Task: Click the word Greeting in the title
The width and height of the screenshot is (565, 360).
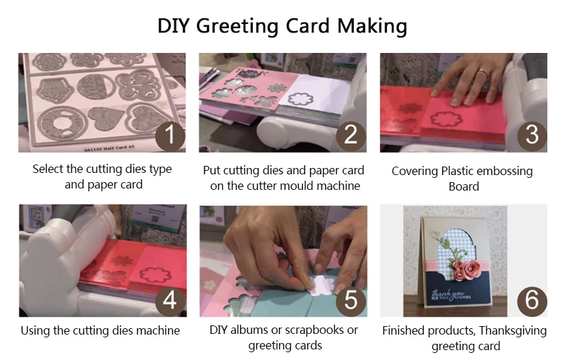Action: click(x=238, y=27)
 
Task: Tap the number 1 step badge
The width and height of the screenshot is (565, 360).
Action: click(x=170, y=136)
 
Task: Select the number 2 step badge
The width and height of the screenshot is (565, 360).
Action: click(x=351, y=136)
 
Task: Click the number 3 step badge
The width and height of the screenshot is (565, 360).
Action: click(x=532, y=136)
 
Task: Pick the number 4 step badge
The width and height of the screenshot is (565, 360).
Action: click(x=170, y=301)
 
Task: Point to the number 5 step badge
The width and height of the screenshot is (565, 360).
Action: click(x=351, y=301)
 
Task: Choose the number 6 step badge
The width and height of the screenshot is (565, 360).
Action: click(x=532, y=301)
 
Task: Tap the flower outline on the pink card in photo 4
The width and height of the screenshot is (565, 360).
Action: click(x=155, y=275)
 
